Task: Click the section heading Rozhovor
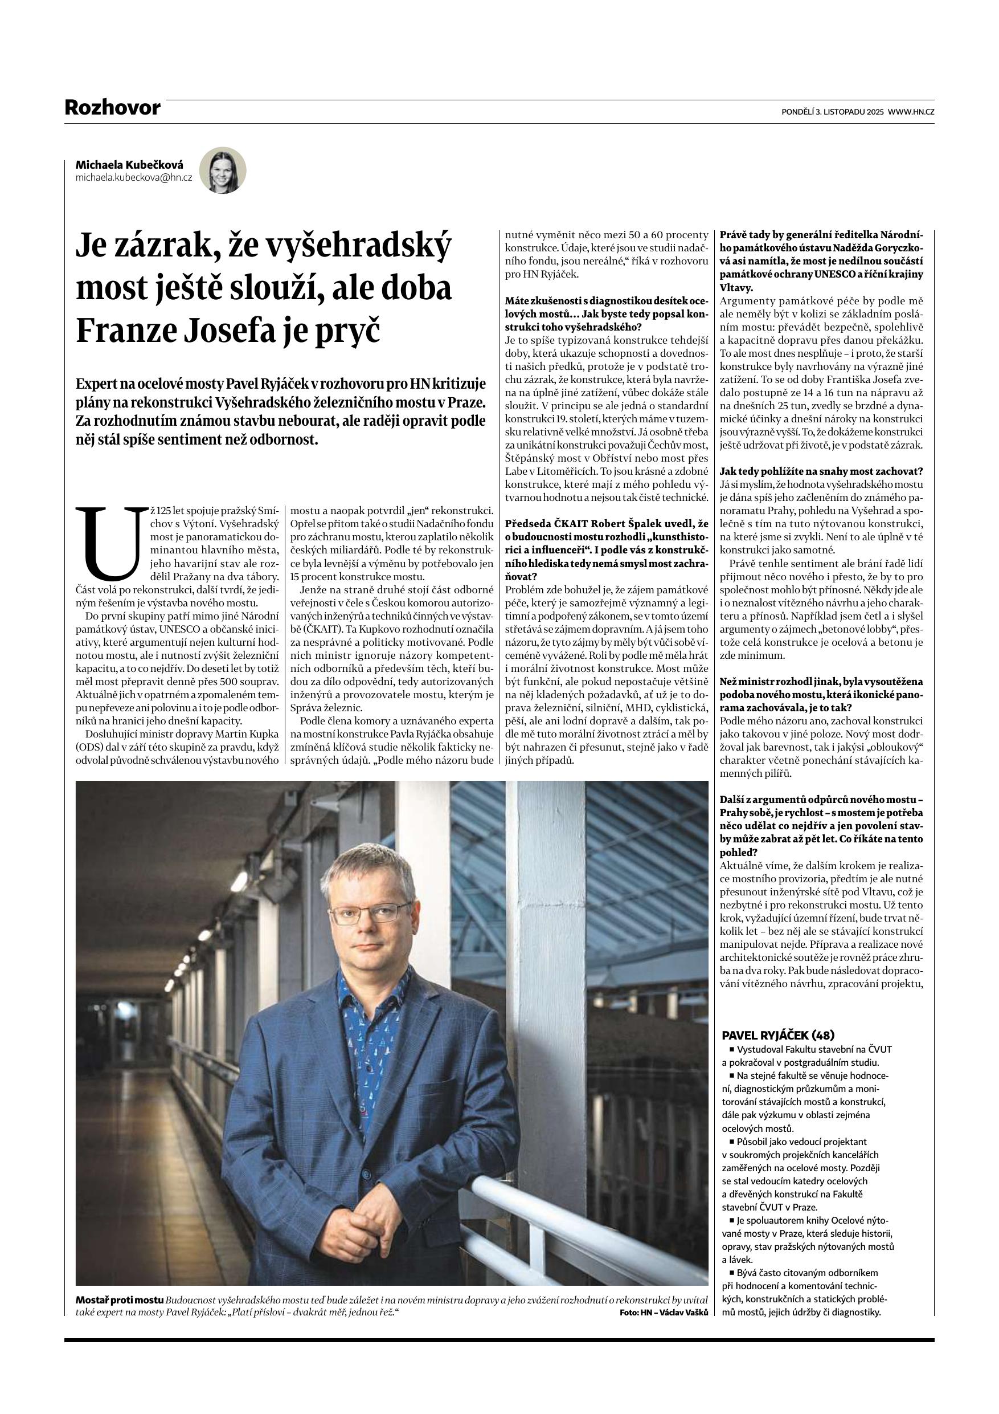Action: click(x=112, y=108)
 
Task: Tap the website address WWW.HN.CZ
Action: click(x=911, y=112)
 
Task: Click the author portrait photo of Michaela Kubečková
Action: click(x=223, y=170)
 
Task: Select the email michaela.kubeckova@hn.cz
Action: click(x=134, y=177)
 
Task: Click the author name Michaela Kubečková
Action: click(x=129, y=165)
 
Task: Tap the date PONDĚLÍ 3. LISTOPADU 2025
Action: click(x=832, y=112)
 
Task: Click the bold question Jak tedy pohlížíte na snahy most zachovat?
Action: click(x=821, y=471)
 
